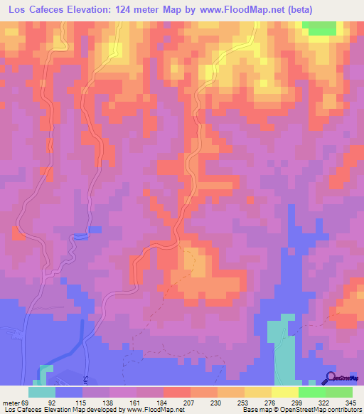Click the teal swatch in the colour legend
[x=42, y=392]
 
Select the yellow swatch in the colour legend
[x=284, y=392]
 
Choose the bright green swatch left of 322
[x=311, y=392]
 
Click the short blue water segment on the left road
[x=80, y=235]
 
